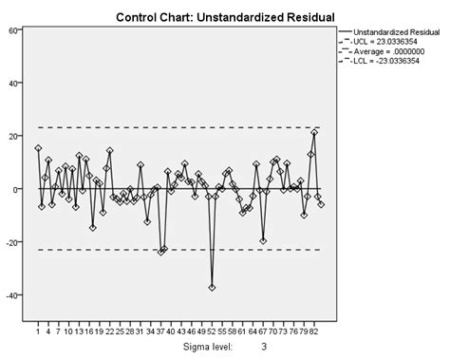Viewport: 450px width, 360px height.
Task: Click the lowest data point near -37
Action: tap(212, 287)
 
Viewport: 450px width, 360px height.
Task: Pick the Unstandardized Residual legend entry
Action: tap(395, 31)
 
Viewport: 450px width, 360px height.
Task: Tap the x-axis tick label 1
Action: tap(38, 332)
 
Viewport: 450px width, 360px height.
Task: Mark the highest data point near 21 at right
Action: tap(314, 133)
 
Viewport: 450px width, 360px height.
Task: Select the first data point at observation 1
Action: tap(38, 148)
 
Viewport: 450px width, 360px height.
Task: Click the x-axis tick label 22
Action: tap(110, 332)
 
